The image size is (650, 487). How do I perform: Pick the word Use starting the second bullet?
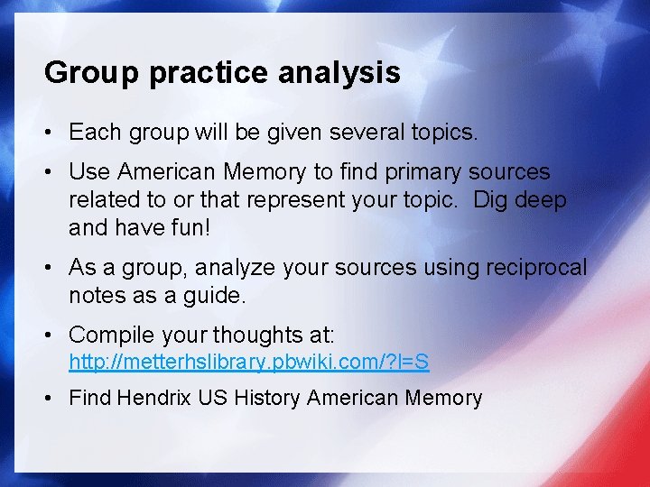pyautogui.click(x=88, y=171)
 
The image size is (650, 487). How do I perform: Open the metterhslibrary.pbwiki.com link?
pyautogui.click(x=249, y=363)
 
